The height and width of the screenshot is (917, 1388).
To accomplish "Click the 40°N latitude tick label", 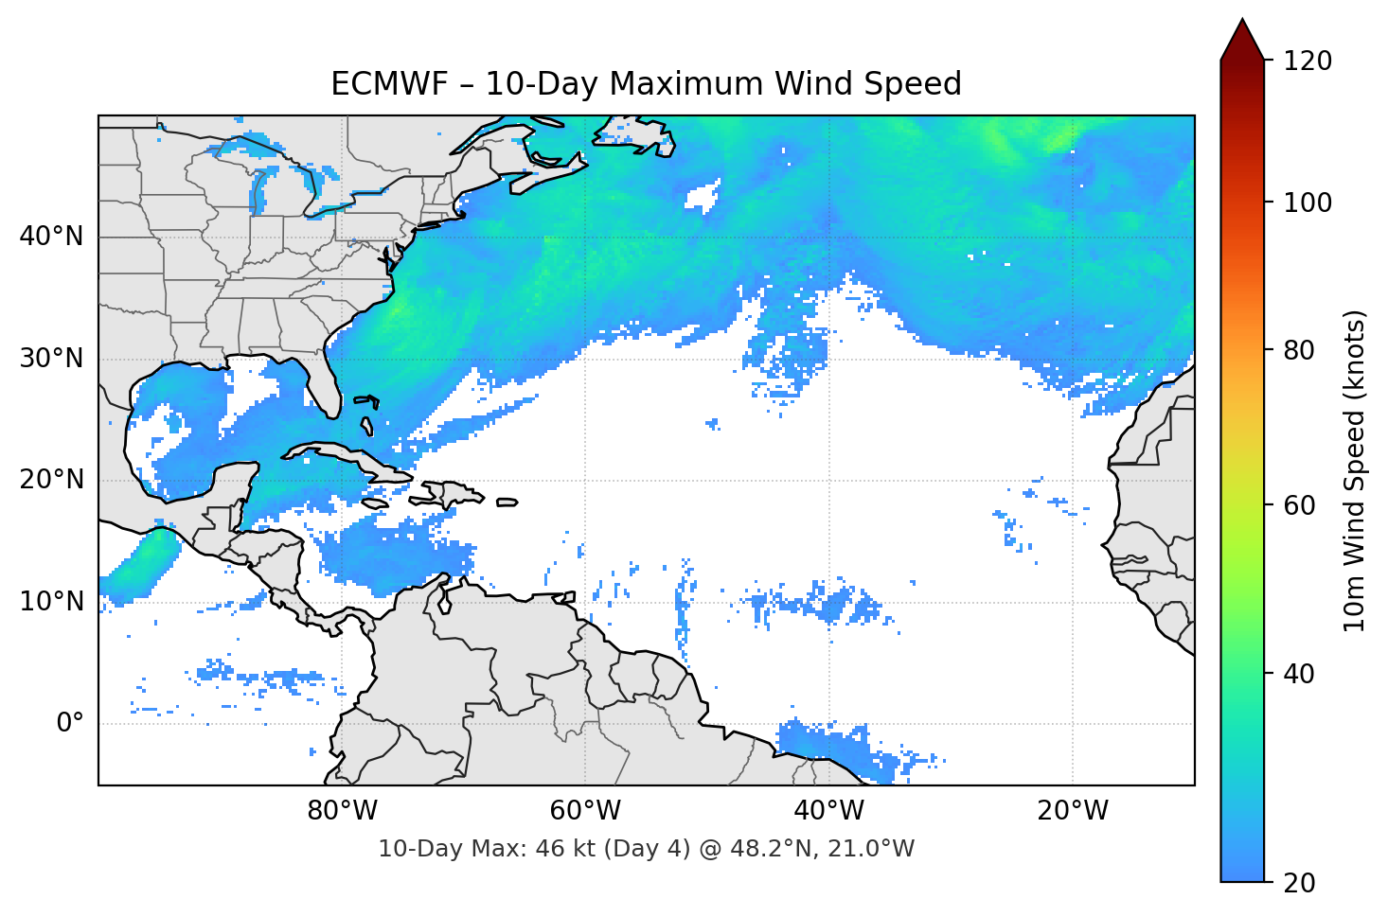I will point(51,237).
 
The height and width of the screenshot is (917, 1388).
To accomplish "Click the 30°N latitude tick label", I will point(51,359).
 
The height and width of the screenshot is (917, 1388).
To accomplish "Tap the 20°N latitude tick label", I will point(51,480).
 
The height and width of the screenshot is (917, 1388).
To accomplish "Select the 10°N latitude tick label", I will point(51,602).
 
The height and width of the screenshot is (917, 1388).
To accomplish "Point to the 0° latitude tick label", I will point(70,724).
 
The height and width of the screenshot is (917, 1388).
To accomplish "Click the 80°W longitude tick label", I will point(342,811).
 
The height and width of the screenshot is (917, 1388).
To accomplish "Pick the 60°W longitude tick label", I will point(585,811).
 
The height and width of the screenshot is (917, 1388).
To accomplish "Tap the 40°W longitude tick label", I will point(828,811).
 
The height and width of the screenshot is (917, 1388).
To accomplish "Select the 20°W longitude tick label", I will point(1072,811).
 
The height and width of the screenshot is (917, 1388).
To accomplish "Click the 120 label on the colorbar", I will point(1307,61).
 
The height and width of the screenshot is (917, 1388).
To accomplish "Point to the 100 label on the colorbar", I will point(1307,203).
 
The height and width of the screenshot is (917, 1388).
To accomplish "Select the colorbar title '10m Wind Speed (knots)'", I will point(1355,470).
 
